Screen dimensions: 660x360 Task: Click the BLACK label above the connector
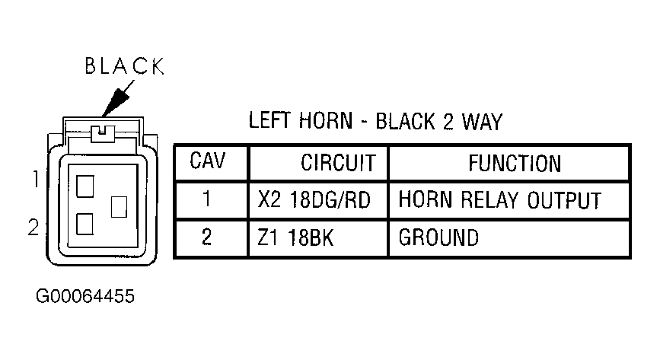coord(125,66)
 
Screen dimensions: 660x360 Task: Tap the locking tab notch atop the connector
coord(103,133)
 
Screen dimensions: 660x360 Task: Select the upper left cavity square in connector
coord(85,186)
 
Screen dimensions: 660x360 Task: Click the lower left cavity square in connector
coord(84,224)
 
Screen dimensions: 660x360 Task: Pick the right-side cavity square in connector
coord(119,207)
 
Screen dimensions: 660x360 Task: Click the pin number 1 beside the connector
coord(37,179)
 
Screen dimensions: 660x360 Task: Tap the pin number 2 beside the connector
coord(33,228)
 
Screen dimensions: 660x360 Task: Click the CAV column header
coord(208,161)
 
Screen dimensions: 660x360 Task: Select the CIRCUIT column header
coord(337,163)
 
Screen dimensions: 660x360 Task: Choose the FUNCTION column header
coord(515,164)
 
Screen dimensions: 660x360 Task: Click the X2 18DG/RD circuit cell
coord(314,199)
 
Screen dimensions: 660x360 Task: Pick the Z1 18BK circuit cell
coord(295,238)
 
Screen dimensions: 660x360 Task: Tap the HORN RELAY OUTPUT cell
coord(499,200)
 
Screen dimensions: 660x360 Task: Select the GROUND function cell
coord(438,237)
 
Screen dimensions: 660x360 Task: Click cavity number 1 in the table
coord(206,199)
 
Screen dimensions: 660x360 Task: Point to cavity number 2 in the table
coord(206,237)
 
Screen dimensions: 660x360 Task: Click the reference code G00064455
coord(85,296)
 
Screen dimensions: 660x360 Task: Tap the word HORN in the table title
coord(325,121)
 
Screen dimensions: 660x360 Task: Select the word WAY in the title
coord(483,122)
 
